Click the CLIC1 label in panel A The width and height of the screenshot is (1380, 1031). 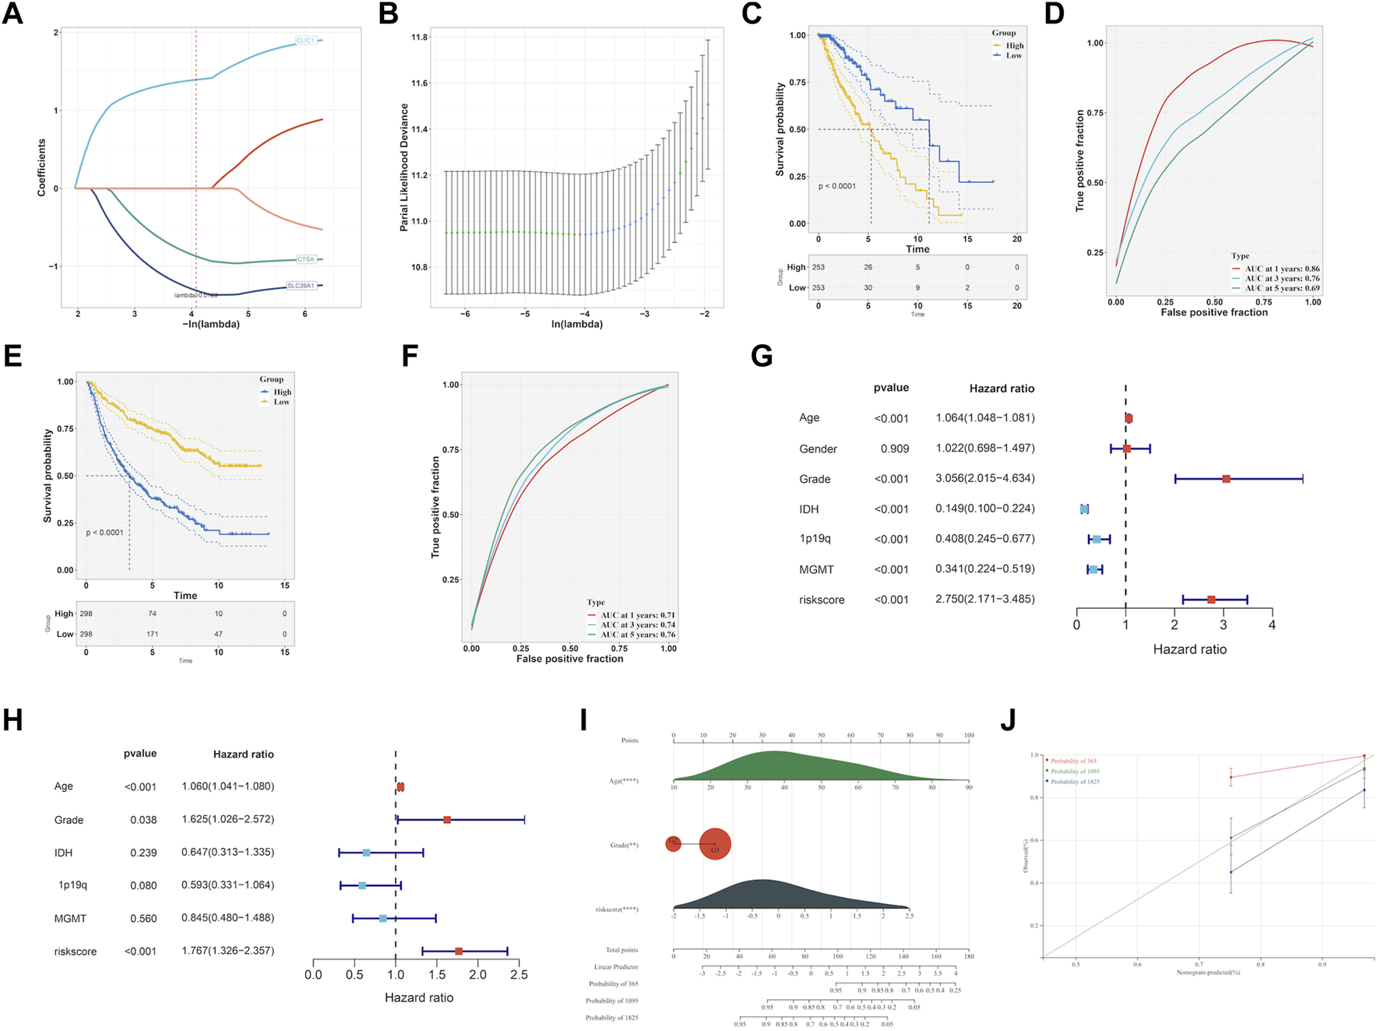point(305,40)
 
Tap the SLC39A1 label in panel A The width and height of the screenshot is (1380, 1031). point(301,286)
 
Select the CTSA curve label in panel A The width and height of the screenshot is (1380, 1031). point(305,259)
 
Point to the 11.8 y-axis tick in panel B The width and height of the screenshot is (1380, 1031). point(420,37)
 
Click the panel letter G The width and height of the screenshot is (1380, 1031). point(761,357)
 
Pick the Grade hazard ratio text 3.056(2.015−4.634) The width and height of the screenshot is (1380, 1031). point(985,478)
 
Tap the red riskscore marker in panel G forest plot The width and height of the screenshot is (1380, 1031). point(1211,600)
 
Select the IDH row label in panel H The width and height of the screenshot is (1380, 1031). point(63,853)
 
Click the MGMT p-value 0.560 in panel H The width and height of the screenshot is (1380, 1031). point(143,919)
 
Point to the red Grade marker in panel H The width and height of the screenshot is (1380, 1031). point(447,820)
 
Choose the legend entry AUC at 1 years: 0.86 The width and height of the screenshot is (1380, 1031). point(1282,269)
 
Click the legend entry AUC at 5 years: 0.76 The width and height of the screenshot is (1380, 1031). point(637,635)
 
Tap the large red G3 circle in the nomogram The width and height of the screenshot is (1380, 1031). point(715,844)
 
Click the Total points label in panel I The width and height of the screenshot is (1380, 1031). point(621,950)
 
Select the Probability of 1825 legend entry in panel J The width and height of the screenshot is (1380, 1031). point(1075,782)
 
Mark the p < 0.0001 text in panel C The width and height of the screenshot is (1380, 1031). point(836,186)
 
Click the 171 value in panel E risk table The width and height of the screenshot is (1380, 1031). point(153,634)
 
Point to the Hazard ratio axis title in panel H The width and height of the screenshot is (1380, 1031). point(419,998)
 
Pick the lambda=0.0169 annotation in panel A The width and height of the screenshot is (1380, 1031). point(195,295)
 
